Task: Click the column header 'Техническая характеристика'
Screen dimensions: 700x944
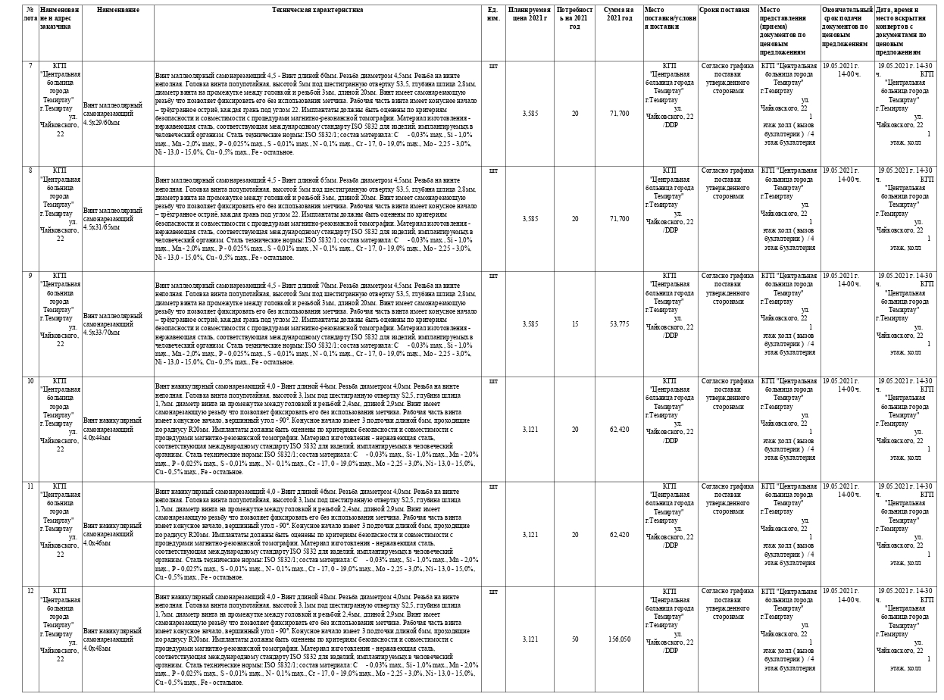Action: [x=318, y=10]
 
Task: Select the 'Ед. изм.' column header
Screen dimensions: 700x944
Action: [x=493, y=14]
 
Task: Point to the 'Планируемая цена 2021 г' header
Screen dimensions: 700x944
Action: [x=530, y=14]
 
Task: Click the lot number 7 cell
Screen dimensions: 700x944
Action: [x=30, y=66]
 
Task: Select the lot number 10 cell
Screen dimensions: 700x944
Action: [x=30, y=381]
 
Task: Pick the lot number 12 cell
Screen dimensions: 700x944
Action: [x=30, y=591]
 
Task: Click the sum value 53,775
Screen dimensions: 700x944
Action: [x=619, y=323]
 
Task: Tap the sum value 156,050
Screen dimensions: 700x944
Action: [x=619, y=639]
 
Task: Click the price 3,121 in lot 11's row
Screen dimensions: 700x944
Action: [x=530, y=534]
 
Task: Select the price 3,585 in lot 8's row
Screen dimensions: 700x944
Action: [x=530, y=218]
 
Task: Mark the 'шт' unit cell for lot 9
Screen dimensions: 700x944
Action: [x=494, y=276]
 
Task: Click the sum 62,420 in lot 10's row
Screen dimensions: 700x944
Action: [x=619, y=429]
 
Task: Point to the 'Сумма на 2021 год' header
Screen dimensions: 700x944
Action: [x=619, y=14]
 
